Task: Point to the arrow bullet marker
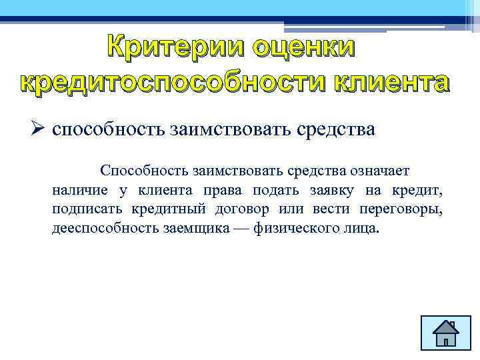tap(38, 128)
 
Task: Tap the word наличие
tap(81, 191)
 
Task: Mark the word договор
tap(243, 210)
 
